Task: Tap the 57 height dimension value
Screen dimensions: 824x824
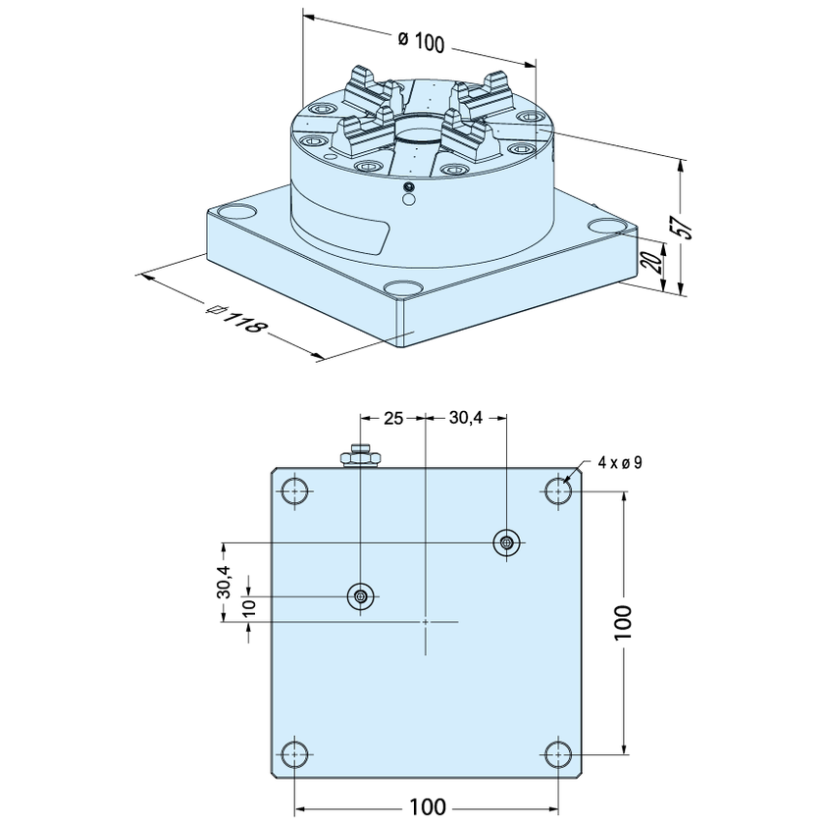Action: pyautogui.click(x=687, y=227)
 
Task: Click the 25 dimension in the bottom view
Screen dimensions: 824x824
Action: pyautogui.click(x=393, y=419)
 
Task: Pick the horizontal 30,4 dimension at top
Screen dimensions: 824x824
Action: pyautogui.click(x=465, y=419)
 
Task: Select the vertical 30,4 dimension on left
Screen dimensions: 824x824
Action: pyautogui.click(x=225, y=582)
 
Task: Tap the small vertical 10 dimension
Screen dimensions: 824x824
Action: pyautogui.click(x=249, y=607)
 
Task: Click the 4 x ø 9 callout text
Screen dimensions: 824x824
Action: pyautogui.click(x=619, y=462)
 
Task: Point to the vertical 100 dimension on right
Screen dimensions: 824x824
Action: pyautogui.click(x=624, y=622)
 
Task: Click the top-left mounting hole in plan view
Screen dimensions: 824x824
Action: pyautogui.click(x=293, y=489)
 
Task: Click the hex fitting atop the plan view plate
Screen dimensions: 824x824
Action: pyautogui.click(x=361, y=456)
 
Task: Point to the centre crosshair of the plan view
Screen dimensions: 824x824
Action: pyautogui.click(x=426, y=621)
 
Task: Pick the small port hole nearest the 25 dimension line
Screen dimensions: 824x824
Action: pyautogui.click(x=361, y=595)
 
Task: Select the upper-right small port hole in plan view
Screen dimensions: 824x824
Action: pyautogui.click(x=506, y=541)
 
